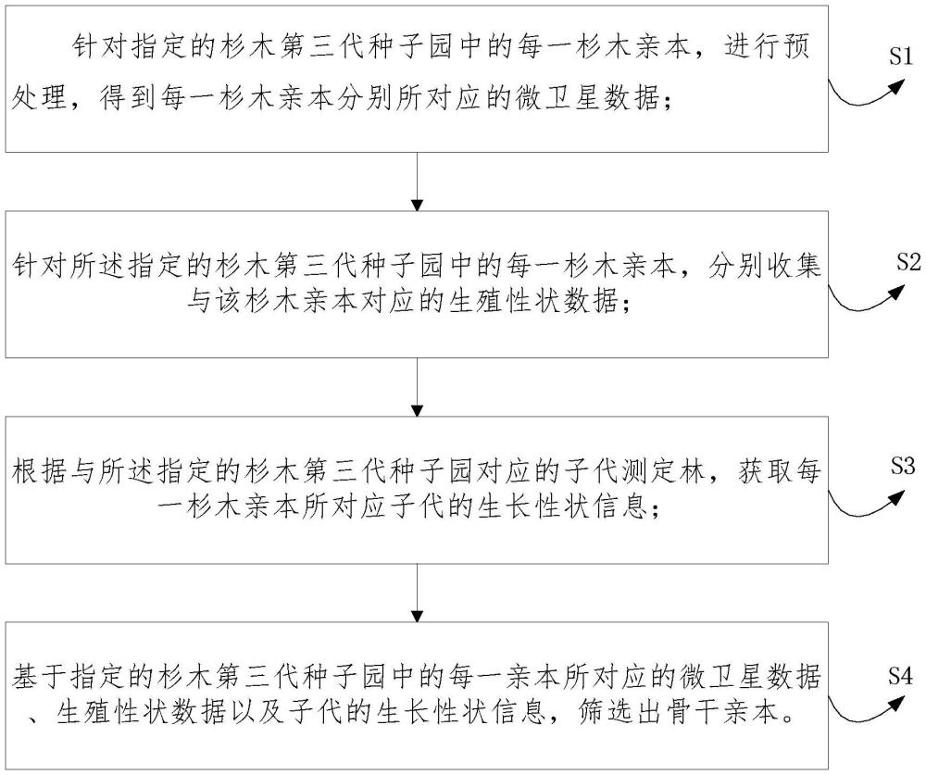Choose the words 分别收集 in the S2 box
[x=772, y=266]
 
